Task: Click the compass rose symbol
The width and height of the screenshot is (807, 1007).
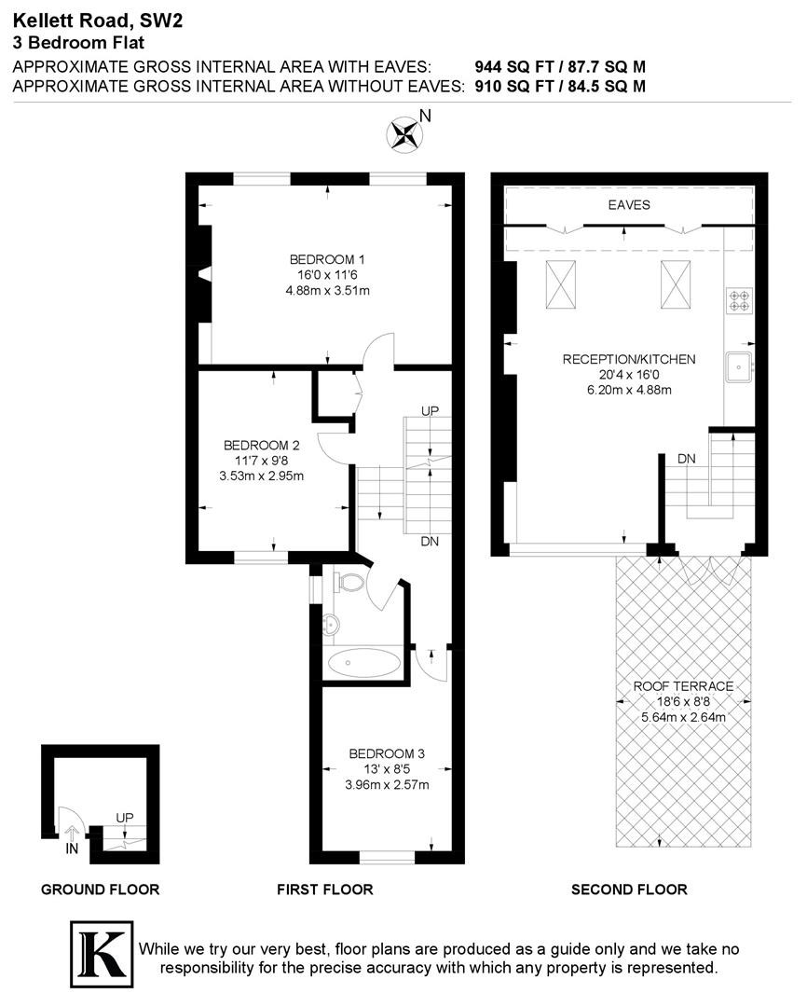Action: [404, 134]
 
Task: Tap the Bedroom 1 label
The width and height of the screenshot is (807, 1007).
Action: [327, 259]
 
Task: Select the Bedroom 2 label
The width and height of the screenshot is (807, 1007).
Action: [261, 445]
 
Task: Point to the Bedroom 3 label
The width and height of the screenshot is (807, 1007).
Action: [387, 753]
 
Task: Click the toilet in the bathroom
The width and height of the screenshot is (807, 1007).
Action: [349, 583]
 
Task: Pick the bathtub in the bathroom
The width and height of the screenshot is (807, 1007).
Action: [364, 663]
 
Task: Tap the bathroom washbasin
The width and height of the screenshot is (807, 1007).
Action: [331, 624]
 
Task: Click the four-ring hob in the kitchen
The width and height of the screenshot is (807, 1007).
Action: [739, 300]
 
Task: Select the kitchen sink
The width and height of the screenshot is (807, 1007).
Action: [739, 367]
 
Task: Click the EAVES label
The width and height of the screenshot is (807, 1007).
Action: [629, 205]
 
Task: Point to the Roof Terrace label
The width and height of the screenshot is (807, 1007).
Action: [683, 686]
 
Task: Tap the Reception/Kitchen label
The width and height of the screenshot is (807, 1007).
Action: [629, 359]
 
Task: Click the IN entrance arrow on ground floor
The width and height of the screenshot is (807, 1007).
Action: [72, 835]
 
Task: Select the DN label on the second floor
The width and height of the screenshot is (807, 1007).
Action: [686, 459]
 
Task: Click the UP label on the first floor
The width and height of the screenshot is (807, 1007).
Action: [431, 410]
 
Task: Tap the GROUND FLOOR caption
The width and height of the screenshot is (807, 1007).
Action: [100, 890]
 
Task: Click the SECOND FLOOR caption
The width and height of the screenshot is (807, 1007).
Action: [629, 890]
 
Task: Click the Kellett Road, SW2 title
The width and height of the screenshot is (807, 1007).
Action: [98, 21]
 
